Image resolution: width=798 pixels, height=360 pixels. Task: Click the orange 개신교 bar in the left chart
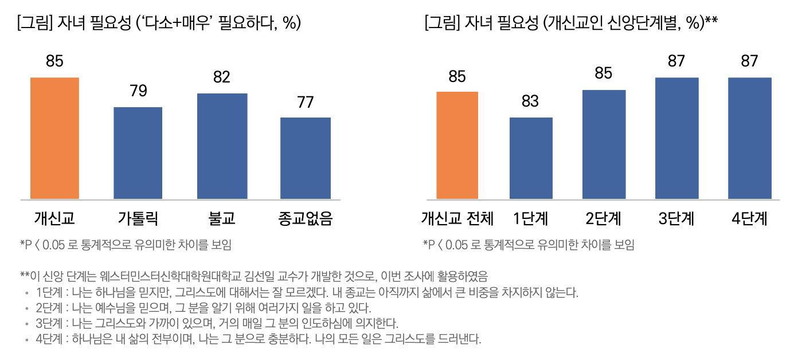pyautogui.click(x=54, y=138)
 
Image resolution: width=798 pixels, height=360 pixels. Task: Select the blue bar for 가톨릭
pyautogui.click(x=138, y=153)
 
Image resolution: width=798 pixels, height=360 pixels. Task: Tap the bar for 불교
pyautogui.click(x=222, y=146)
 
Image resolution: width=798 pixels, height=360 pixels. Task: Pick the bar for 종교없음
pyautogui.click(x=306, y=158)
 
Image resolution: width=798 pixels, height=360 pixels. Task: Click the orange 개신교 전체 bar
pyautogui.click(x=457, y=145)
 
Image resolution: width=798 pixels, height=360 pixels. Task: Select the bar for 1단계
pyautogui.click(x=530, y=158)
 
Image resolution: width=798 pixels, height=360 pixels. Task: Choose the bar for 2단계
pyautogui.click(x=604, y=144)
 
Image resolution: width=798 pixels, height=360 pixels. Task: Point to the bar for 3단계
pyautogui.click(x=676, y=138)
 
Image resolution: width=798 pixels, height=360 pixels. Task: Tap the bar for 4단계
pyautogui.click(x=749, y=138)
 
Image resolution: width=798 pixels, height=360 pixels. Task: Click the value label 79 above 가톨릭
pyautogui.click(x=138, y=91)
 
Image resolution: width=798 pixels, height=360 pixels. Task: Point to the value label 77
pyautogui.click(x=306, y=102)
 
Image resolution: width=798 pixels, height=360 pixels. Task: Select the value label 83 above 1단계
pyautogui.click(x=530, y=101)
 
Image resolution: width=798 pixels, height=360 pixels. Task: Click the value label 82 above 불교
pyautogui.click(x=222, y=77)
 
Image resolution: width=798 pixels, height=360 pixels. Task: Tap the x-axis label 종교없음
pyautogui.click(x=306, y=219)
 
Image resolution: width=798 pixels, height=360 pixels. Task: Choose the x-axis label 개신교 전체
pyautogui.click(x=457, y=219)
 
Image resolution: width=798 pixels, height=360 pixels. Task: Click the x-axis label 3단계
pyautogui.click(x=676, y=219)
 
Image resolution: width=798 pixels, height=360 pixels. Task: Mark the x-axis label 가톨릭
pyautogui.click(x=138, y=219)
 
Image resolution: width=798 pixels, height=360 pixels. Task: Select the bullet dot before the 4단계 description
pyautogui.click(x=26, y=339)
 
